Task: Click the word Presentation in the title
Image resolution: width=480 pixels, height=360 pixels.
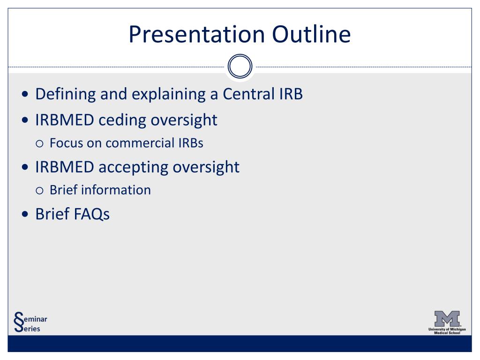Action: pyautogui.click(x=196, y=35)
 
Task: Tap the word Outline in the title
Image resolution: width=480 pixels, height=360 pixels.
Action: pyautogui.click(x=311, y=34)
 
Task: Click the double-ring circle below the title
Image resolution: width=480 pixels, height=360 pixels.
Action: pyautogui.click(x=240, y=66)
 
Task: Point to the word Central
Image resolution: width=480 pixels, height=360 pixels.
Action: pyautogui.click(x=248, y=94)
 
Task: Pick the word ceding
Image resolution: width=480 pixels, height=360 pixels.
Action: pyautogui.click(x=122, y=120)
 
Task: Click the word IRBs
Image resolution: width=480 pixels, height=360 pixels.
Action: pyautogui.click(x=191, y=143)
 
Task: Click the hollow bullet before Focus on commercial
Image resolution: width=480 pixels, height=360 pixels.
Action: pyautogui.click(x=39, y=143)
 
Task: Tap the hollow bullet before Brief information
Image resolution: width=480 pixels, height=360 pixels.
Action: pyautogui.click(x=39, y=191)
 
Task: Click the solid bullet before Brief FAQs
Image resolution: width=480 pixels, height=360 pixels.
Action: pyautogui.click(x=25, y=214)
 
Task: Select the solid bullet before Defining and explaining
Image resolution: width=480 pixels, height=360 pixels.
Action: pyautogui.click(x=25, y=94)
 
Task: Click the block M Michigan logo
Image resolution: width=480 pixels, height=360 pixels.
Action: pyautogui.click(x=447, y=319)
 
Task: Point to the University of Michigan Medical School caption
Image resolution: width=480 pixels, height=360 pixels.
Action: pyautogui.click(x=447, y=331)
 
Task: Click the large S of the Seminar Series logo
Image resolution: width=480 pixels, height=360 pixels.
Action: pyautogui.click(x=19, y=322)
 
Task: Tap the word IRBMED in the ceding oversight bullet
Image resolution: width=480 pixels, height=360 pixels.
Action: pyautogui.click(x=65, y=120)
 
